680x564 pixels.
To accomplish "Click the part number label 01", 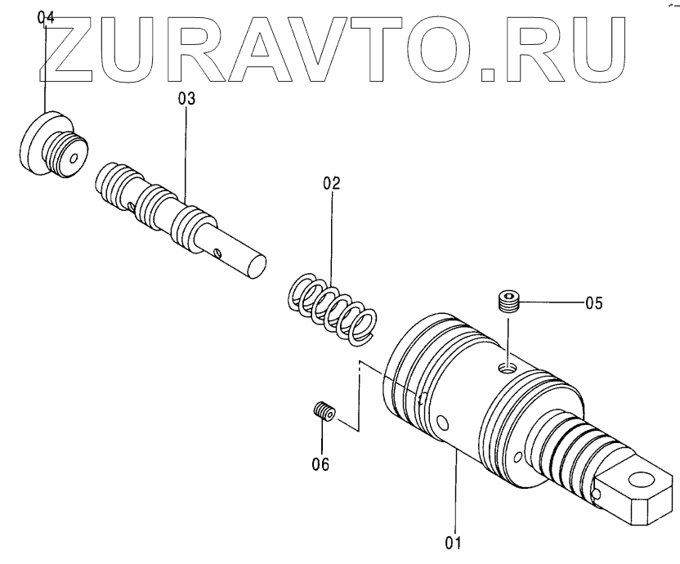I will [453, 542].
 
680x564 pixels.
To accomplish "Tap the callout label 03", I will [186, 99].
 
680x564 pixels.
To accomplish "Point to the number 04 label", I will [47, 17].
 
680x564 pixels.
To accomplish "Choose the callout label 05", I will [593, 303].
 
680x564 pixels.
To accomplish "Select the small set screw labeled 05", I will [509, 302].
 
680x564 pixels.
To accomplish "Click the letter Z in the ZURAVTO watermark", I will [74, 48].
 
